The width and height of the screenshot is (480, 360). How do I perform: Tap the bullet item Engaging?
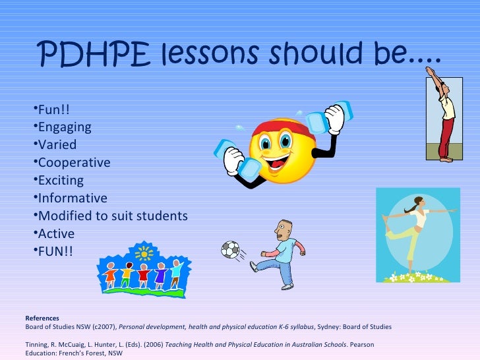coord(65,127)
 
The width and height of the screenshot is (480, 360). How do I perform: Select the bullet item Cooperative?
coord(74,162)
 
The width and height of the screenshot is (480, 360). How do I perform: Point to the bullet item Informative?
coord(73,198)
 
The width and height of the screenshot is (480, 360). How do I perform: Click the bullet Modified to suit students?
coord(113,216)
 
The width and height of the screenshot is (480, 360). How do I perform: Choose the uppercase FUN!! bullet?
coord(56,251)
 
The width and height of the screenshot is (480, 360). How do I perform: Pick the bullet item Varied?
coord(57,144)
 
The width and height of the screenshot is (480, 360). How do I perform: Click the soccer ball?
coord(231,249)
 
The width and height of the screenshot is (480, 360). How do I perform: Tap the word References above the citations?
coord(42,318)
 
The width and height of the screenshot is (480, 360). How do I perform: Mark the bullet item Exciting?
coord(61,180)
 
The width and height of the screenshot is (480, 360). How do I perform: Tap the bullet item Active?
coord(56,233)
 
